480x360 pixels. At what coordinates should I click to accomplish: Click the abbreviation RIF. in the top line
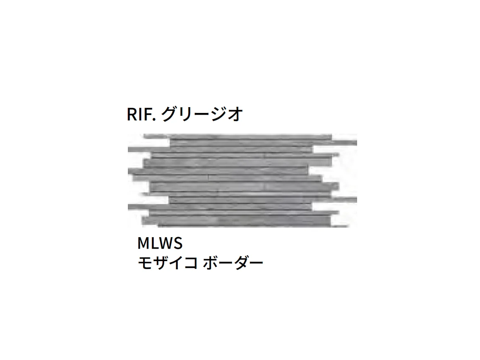tap(142, 114)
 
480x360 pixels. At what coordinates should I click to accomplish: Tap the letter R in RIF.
tap(132, 114)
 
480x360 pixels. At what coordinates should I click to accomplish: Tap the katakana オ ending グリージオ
tap(235, 114)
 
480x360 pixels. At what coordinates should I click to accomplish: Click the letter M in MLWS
tap(144, 243)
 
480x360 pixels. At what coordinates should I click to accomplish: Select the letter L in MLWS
tap(155, 243)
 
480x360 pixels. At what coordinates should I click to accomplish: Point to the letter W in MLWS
tap(166, 243)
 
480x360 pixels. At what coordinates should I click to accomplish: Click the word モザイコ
tap(168, 263)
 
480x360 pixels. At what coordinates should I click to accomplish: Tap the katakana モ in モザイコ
tap(145, 263)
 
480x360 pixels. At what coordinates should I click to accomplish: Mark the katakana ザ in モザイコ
tap(161, 263)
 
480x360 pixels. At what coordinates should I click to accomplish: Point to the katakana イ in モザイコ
tap(175, 263)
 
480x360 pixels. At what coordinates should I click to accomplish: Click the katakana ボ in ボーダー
tap(211, 263)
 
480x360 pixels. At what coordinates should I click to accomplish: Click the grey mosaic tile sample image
tap(242, 180)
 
